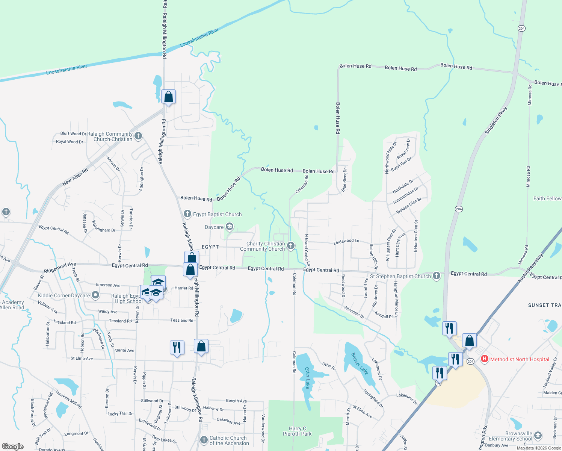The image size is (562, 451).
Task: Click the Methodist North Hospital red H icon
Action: pos(485,359)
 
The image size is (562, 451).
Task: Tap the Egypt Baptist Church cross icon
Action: pos(187,214)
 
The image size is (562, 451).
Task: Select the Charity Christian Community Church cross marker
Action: pos(290,246)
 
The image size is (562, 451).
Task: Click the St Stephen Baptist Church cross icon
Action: pos(436,276)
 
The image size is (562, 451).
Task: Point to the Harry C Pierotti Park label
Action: pos(297,431)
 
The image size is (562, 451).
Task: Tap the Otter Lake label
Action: pos(308,378)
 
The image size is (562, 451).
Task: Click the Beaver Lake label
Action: pos(359,363)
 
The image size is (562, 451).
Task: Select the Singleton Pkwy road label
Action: pos(496,120)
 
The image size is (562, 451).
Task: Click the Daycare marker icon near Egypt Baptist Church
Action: pos(230,227)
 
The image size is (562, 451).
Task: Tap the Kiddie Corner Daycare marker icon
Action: pos(95,295)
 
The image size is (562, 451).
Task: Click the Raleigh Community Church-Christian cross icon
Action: pos(138,136)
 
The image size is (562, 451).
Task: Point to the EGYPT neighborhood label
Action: pos(210,247)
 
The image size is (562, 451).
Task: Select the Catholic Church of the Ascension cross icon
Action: pos(204,440)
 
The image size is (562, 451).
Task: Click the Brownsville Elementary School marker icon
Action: pos(538,436)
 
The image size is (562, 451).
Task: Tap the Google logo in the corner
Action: pos(13,446)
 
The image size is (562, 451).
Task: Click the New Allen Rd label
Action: pos(75,177)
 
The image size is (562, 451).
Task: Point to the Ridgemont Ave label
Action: pos(60,268)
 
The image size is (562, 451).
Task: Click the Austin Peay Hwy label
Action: pos(530,268)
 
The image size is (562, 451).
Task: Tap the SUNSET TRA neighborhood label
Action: pos(544,305)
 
